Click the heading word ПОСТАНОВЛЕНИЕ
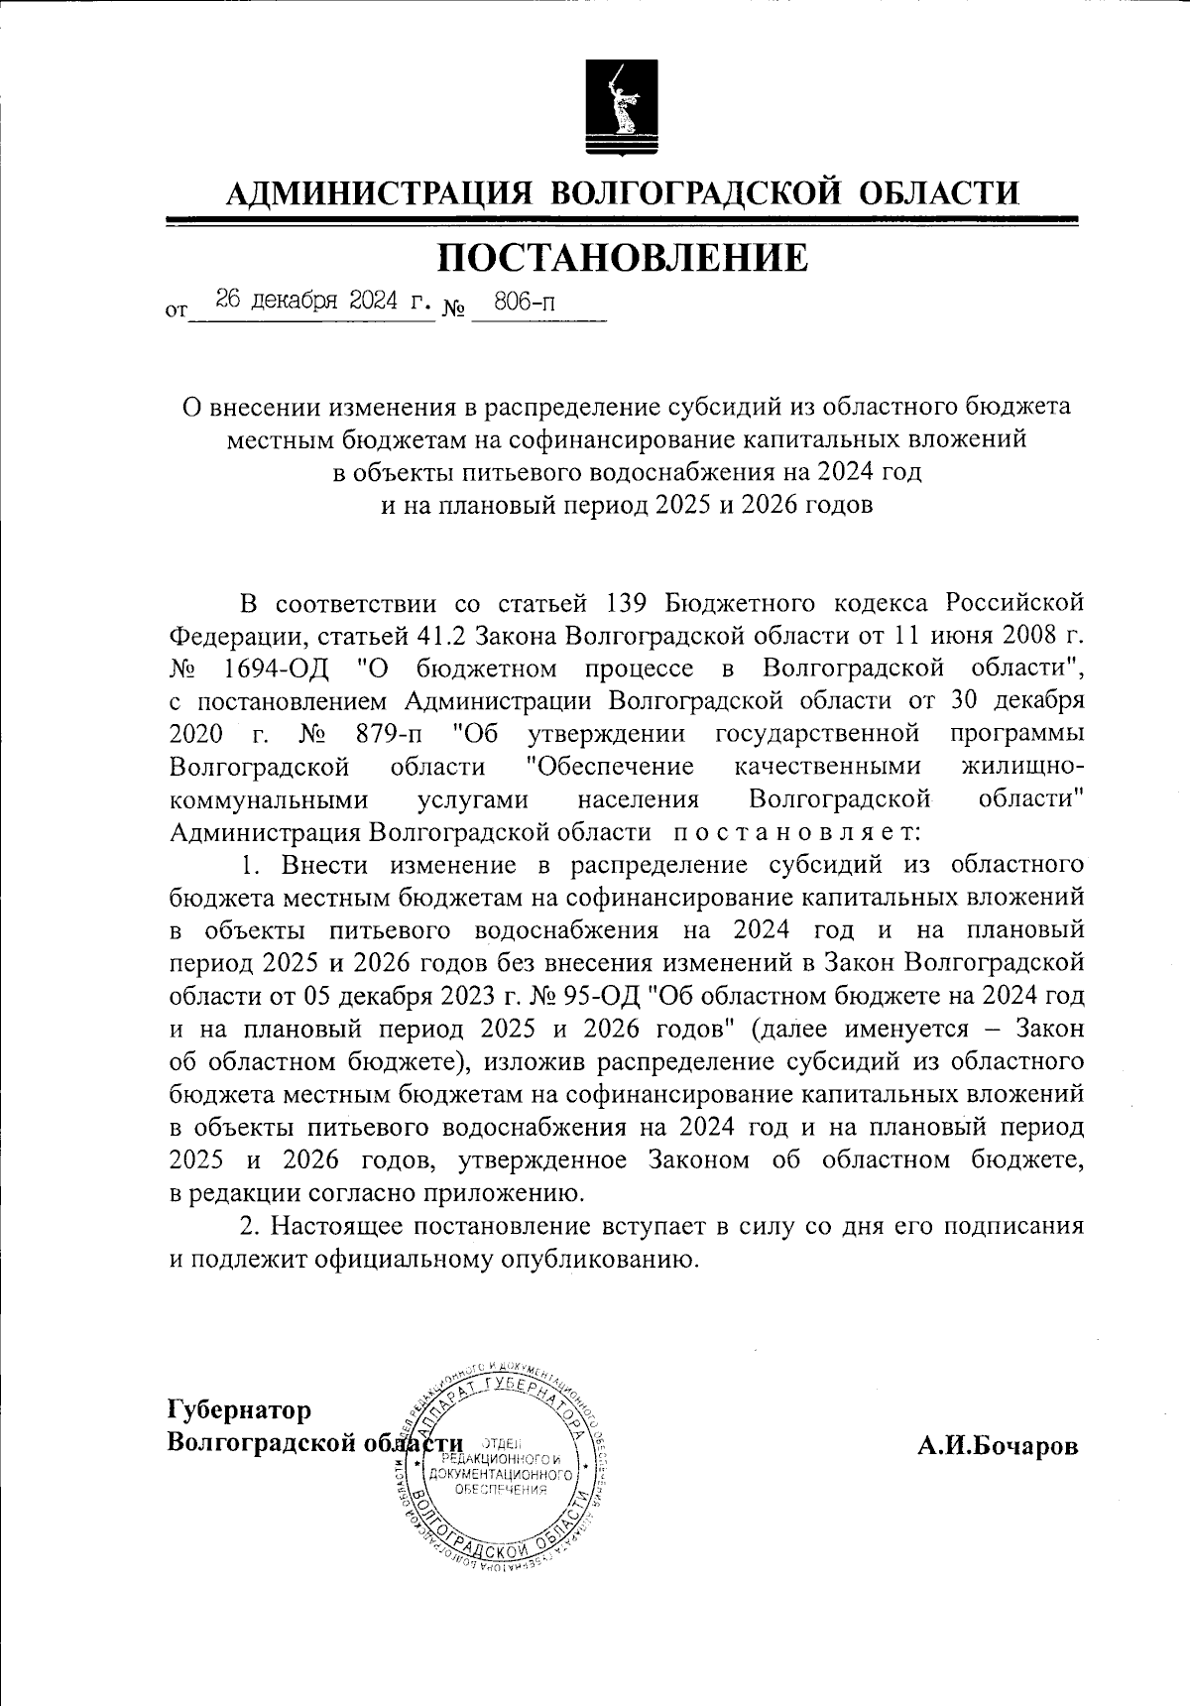[x=623, y=257]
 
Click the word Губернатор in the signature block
[x=239, y=1409]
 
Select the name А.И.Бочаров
[x=997, y=1445]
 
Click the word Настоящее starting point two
[x=335, y=1226]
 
